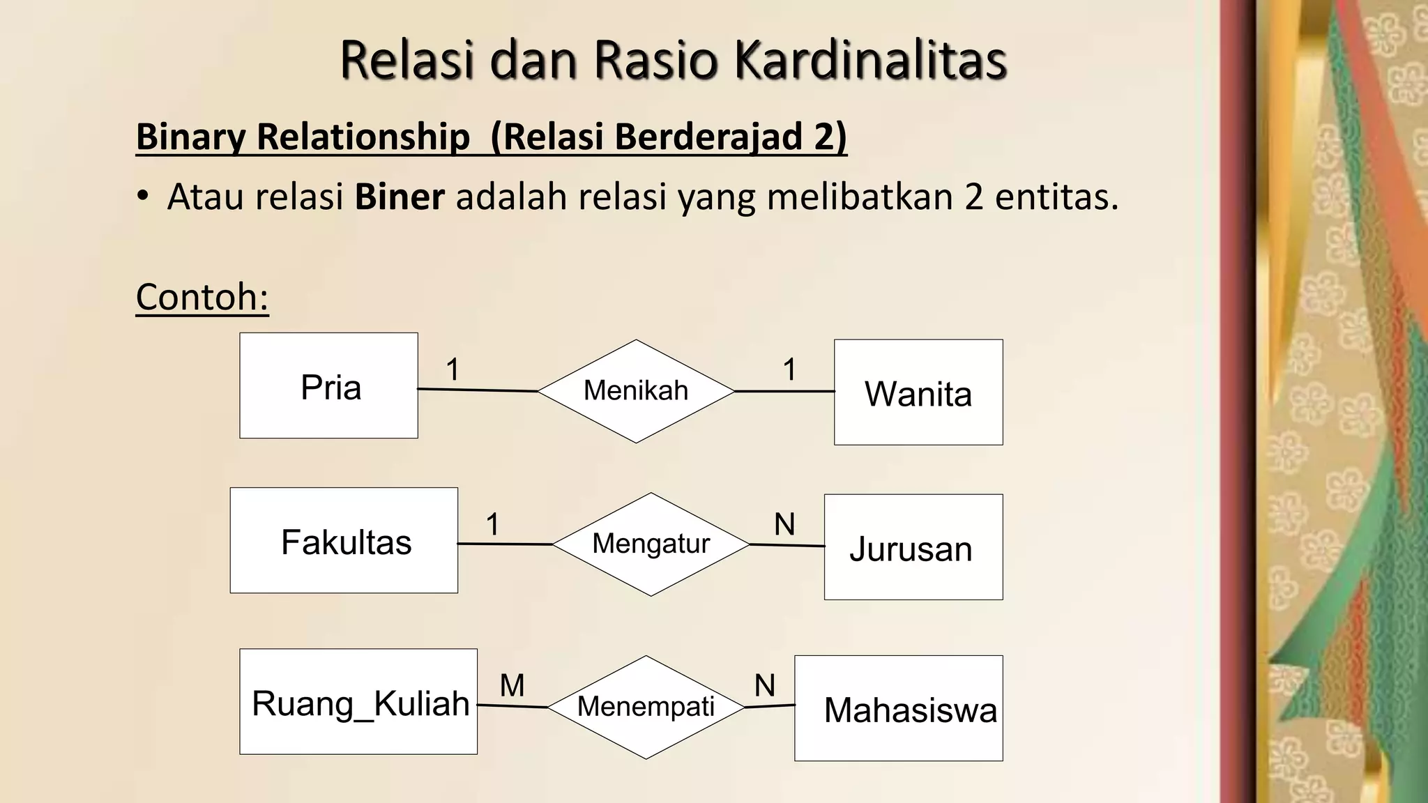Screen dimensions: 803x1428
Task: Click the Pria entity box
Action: [328, 385]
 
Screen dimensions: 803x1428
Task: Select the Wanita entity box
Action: [918, 392]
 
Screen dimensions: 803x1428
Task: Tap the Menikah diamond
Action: [636, 391]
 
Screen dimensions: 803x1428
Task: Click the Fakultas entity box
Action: [344, 541]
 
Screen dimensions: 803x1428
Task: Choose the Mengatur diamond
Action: [651, 544]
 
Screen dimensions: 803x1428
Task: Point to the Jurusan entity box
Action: [913, 547]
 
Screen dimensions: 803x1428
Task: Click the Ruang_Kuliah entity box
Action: [358, 702]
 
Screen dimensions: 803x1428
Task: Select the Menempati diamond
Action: [646, 707]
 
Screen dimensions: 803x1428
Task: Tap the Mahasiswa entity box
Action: [899, 708]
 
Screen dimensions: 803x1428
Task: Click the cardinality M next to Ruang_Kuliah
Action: [512, 686]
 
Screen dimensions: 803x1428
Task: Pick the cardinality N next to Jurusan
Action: [784, 524]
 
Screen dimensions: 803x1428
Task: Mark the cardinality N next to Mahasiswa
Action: [765, 686]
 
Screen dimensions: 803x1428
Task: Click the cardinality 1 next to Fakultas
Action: [493, 524]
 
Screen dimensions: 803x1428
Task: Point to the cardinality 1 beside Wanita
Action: [789, 369]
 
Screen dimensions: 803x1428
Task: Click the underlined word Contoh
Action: [202, 297]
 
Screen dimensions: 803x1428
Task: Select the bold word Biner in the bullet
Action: [399, 197]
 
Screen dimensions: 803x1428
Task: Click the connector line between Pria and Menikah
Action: [478, 390]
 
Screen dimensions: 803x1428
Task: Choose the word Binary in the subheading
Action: [190, 137]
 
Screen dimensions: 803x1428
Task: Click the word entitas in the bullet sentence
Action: [1056, 197]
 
